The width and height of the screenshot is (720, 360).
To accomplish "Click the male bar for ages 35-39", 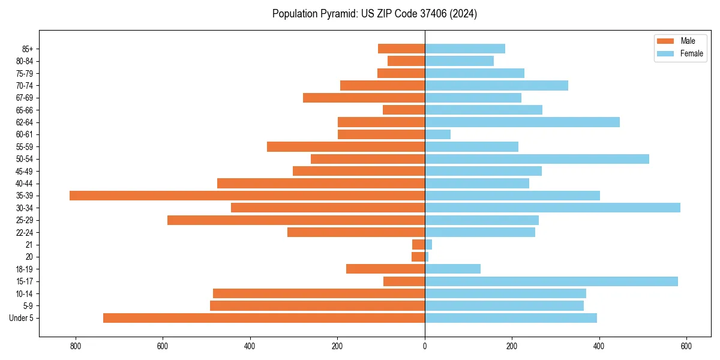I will pos(247,196).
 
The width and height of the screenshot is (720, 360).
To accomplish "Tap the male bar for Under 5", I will pos(264,318).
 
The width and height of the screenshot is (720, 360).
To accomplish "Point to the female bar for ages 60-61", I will pos(438,134).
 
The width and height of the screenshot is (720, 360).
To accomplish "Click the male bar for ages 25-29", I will pos(296,220).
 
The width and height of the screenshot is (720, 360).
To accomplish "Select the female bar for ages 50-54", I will pos(537,159).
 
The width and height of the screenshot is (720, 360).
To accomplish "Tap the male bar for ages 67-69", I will pos(364,98).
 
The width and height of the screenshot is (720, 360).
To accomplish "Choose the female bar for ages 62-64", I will pos(522,122).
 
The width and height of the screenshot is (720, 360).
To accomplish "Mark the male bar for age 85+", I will pos(401,49).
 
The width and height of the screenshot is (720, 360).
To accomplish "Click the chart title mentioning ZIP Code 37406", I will pos(374,14).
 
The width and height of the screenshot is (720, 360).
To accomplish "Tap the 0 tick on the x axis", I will pos(425,346).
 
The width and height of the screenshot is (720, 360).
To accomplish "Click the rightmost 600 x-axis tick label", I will pos(686,346).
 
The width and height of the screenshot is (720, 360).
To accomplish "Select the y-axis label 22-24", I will pos(25,233).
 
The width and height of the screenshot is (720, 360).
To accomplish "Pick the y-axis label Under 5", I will pos(22,318).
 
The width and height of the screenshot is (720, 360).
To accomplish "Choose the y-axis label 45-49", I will pos(25,172).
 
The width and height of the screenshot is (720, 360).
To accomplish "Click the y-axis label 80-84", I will pos(25,61).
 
